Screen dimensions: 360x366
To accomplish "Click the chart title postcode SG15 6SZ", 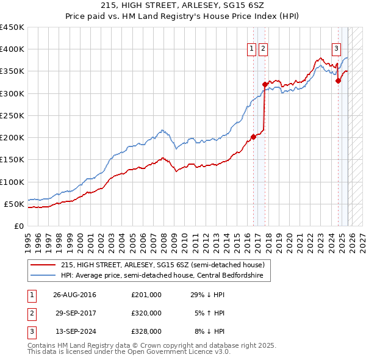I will point(240,5).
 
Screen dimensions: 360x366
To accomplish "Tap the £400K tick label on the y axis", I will point(12,49).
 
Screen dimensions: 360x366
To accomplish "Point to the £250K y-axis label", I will point(12,115).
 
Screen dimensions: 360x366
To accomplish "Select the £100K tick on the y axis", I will point(12,182).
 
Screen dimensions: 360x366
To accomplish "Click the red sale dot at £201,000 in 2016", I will point(253,137).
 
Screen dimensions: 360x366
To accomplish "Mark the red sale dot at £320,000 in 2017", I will point(265,84).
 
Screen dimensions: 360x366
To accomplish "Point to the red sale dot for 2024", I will point(337,81).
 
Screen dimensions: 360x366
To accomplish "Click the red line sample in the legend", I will point(43,265).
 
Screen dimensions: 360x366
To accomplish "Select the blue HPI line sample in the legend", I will point(43,276).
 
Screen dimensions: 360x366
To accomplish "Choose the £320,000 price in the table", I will point(146,313).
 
